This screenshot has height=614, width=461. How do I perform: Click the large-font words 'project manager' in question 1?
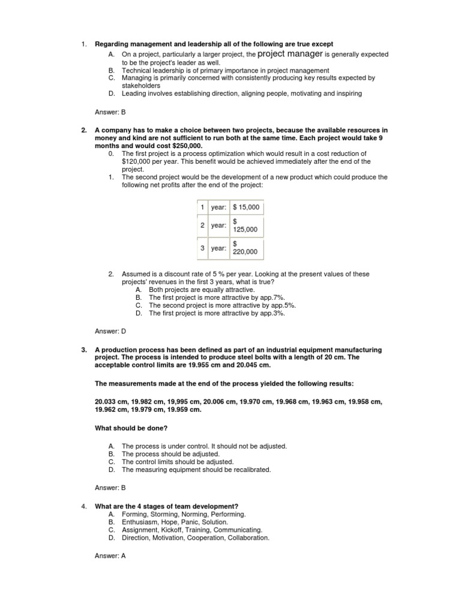point(289,54)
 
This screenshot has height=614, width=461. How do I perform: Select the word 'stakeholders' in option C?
point(141,86)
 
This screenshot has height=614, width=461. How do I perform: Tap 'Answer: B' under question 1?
point(110,112)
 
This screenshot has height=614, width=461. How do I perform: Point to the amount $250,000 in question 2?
point(182,146)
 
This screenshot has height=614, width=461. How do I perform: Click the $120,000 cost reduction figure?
point(139,161)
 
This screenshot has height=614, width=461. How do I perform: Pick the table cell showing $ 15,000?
point(246,207)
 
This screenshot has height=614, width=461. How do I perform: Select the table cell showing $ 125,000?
point(246,226)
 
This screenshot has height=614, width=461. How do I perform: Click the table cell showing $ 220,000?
point(246,247)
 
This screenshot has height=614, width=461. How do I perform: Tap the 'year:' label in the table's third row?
point(218,247)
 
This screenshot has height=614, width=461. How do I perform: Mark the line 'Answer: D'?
point(110,331)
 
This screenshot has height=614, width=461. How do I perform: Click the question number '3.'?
point(84,350)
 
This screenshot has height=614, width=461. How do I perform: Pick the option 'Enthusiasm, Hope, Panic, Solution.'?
point(175,522)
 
